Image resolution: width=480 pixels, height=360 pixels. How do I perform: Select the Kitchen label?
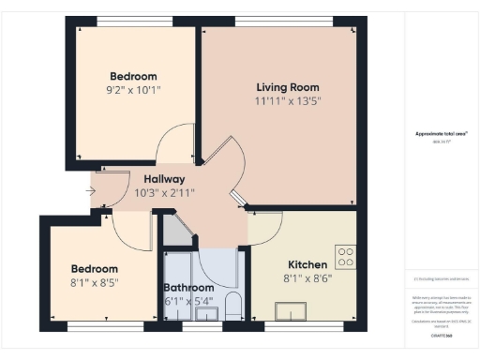point(306,264)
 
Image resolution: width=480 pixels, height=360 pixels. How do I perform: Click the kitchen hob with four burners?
point(346,257)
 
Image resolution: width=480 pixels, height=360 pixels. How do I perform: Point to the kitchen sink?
point(289,310)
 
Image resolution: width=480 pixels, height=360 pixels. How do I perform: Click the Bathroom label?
point(188,288)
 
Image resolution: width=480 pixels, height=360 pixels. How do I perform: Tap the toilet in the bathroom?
point(234,306)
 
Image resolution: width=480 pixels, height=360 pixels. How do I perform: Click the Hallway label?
point(164,179)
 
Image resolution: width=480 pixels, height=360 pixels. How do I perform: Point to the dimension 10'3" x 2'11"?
point(164,193)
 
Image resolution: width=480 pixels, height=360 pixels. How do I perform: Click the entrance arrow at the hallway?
point(90,191)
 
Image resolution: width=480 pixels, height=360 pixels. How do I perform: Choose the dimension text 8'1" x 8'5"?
point(96,281)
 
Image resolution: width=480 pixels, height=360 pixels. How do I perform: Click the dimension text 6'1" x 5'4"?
point(188,302)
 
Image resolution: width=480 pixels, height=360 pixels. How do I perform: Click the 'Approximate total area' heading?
point(441,133)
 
